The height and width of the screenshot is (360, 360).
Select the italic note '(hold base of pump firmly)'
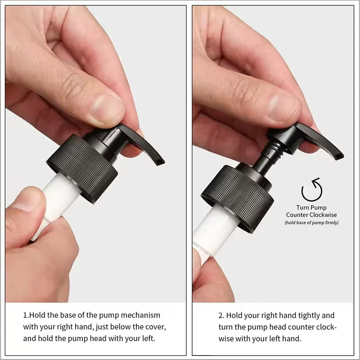[x=311, y=223]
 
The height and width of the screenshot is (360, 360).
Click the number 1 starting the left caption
[x=25, y=315]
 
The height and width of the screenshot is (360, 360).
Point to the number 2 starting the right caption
[x=221, y=315]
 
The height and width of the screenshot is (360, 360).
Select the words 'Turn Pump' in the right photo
[x=311, y=208]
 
